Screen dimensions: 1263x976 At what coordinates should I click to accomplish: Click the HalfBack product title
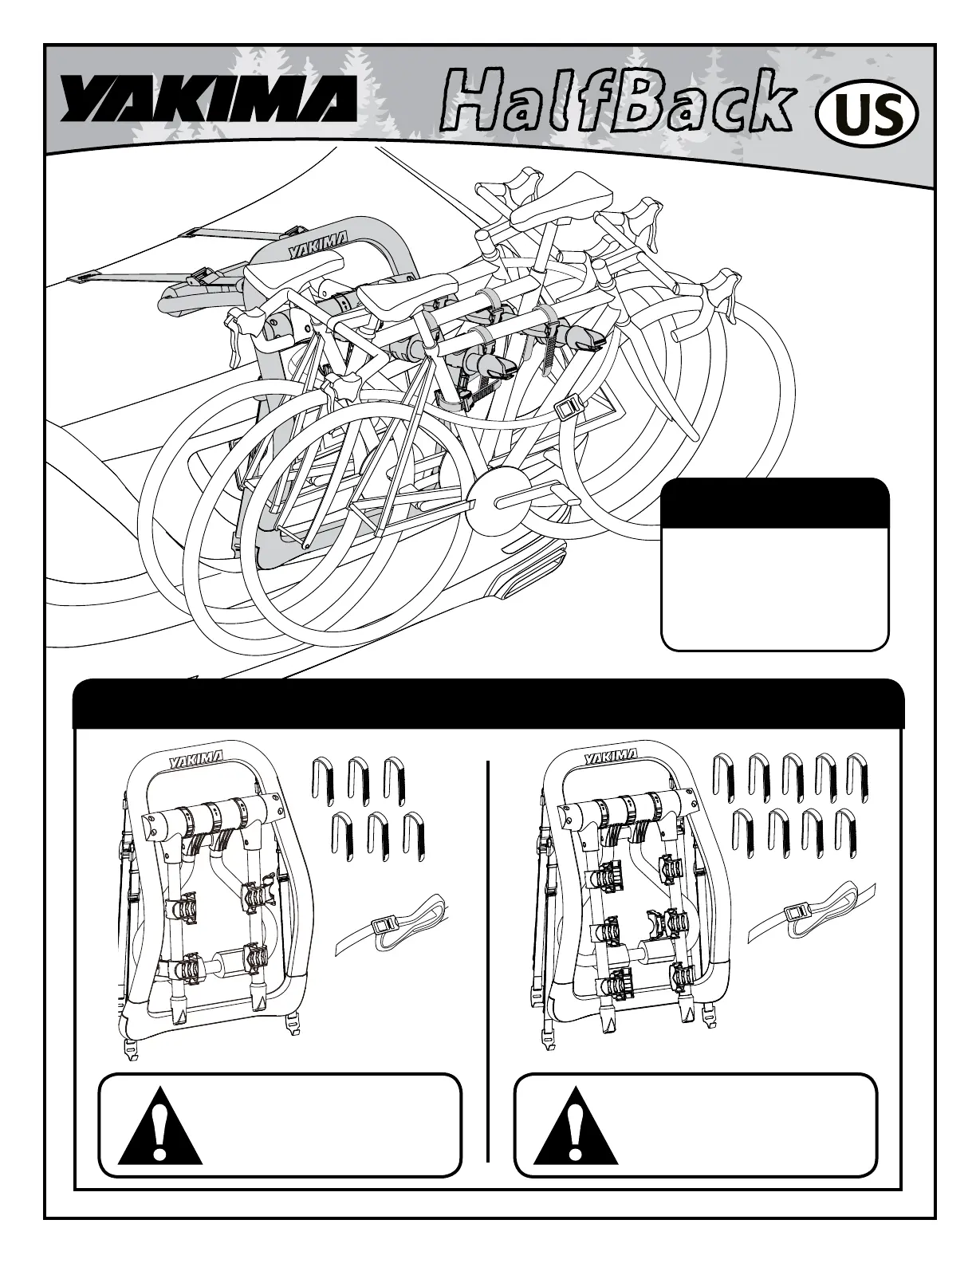pyautogui.click(x=618, y=101)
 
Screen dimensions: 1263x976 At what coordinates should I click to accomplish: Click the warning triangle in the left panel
pyautogui.click(x=159, y=1126)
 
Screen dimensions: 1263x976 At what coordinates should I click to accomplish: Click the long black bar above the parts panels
pyautogui.click(x=488, y=703)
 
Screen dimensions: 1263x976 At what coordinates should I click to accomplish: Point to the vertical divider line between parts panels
pyautogui.click(x=487, y=957)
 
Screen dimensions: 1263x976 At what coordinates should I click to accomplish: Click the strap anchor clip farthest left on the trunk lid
pyautogui.click(x=82, y=279)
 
